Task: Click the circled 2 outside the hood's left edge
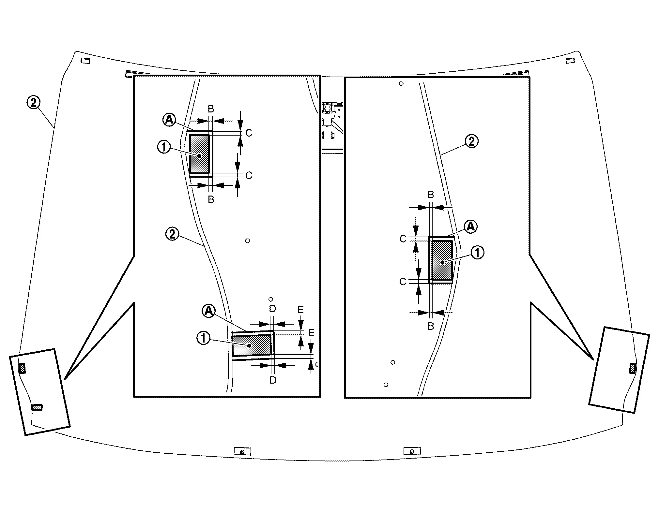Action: [33, 103]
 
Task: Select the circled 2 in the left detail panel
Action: [172, 234]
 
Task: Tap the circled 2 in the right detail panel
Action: [471, 141]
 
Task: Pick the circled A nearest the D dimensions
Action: [208, 311]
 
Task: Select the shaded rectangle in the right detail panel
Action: [442, 260]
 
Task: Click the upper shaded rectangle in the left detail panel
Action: [199, 154]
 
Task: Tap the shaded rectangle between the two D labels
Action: [252, 345]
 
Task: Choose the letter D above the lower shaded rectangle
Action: [272, 309]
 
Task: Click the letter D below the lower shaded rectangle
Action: [273, 380]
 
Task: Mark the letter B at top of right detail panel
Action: [431, 195]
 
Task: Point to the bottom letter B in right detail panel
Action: [431, 326]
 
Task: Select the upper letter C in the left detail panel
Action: [249, 133]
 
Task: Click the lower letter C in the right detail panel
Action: [403, 282]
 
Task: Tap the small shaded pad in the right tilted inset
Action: [632, 368]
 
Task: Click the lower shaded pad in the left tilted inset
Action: [37, 407]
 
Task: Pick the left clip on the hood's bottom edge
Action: [243, 451]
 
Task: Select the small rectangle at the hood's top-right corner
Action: [570, 61]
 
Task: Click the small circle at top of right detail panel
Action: [401, 84]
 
